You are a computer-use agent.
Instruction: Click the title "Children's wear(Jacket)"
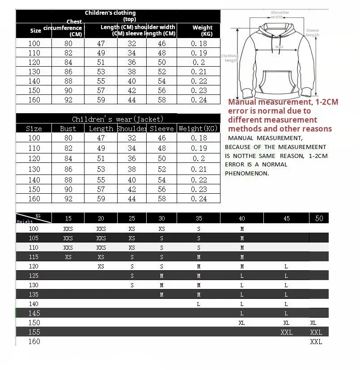pos(118,119)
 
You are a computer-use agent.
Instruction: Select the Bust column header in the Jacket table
pos(68,129)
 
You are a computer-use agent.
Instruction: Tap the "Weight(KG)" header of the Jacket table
pos(199,129)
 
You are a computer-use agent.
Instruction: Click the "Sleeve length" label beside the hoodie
pos(312,33)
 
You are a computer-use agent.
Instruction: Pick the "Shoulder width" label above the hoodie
pos(280,15)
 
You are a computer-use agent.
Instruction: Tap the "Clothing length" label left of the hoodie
pos(230,58)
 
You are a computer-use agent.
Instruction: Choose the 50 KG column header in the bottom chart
pos(319,218)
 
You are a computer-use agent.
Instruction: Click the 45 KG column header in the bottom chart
pos(286,218)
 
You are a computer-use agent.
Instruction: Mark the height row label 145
pos(34,313)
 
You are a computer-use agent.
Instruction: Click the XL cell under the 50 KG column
pos(313,323)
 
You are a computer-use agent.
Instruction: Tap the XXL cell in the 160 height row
pos(316,341)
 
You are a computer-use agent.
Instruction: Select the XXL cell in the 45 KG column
pos(286,332)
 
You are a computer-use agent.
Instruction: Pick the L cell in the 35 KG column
pos(199,304)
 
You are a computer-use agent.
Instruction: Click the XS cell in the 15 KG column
pos(68,257)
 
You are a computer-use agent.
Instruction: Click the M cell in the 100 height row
pos(242,229)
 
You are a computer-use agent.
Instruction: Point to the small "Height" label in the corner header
pos(25,221)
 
